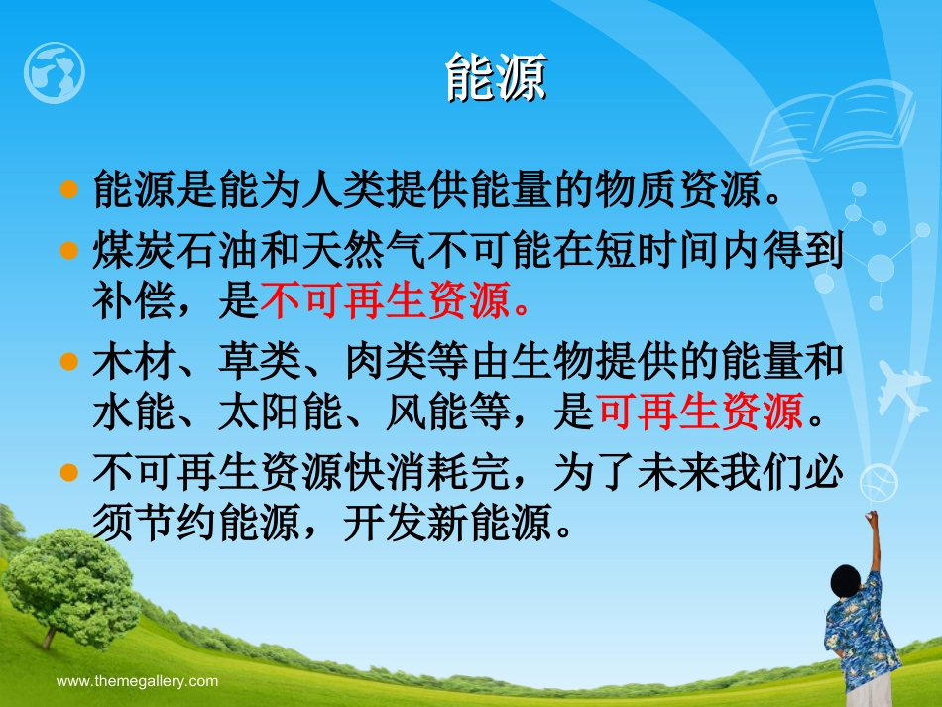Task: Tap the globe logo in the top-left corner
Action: (55, 72)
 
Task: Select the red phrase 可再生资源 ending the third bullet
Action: (699, 412)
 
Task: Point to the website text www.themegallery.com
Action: (137, 681)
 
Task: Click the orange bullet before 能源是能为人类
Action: (68, 188)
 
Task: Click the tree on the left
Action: (71, 580)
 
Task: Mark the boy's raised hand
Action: (873, 519)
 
